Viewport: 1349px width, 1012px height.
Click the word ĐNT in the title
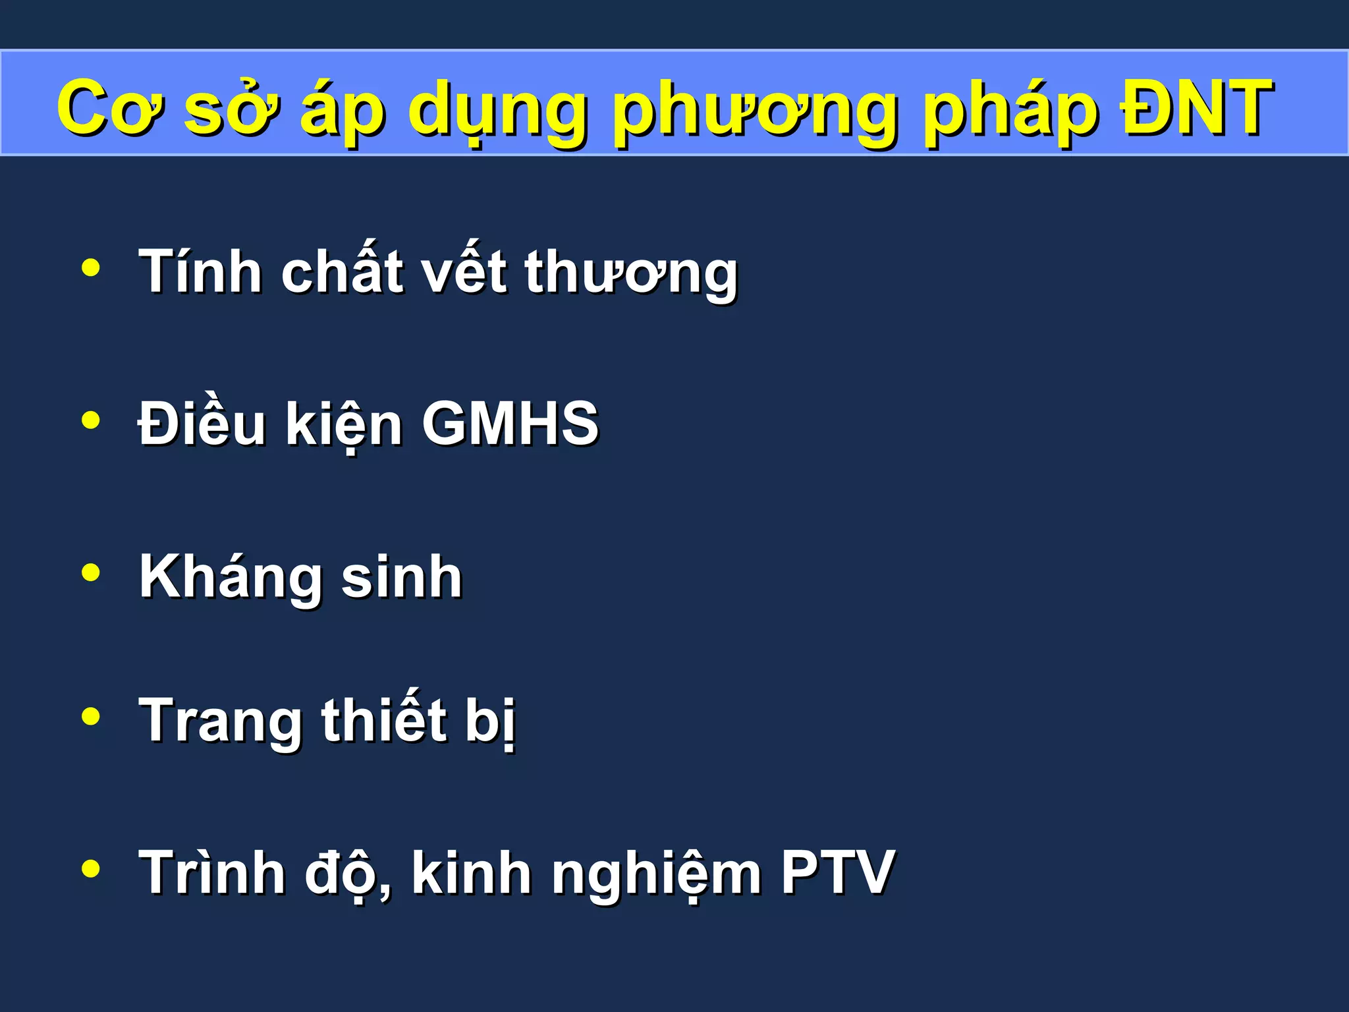click(1198, 107)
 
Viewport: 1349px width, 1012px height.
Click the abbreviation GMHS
click(510, 423)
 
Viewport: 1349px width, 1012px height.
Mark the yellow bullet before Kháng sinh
click(91, 573)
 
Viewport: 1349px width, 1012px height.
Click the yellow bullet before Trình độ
click(91, 868)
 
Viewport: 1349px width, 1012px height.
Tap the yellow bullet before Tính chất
click(91, 267)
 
